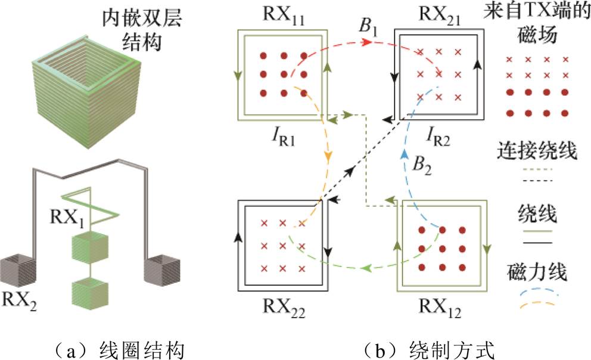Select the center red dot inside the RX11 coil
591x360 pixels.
pos(283,75)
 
